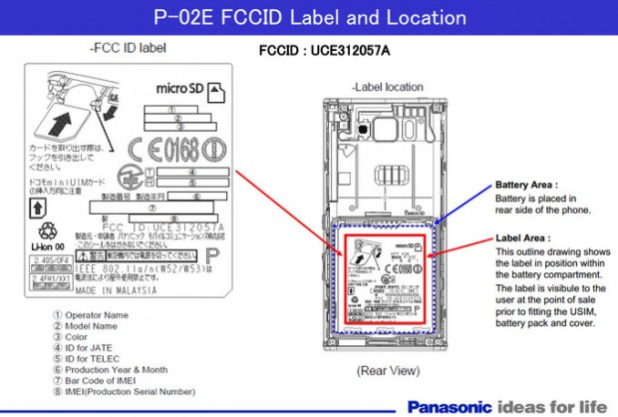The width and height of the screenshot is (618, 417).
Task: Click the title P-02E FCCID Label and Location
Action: (310, 17)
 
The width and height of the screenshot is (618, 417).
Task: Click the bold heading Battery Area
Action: (526, 186)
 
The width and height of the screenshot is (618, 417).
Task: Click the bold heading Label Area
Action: (521, 238)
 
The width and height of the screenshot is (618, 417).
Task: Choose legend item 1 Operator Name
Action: (91, 314)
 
